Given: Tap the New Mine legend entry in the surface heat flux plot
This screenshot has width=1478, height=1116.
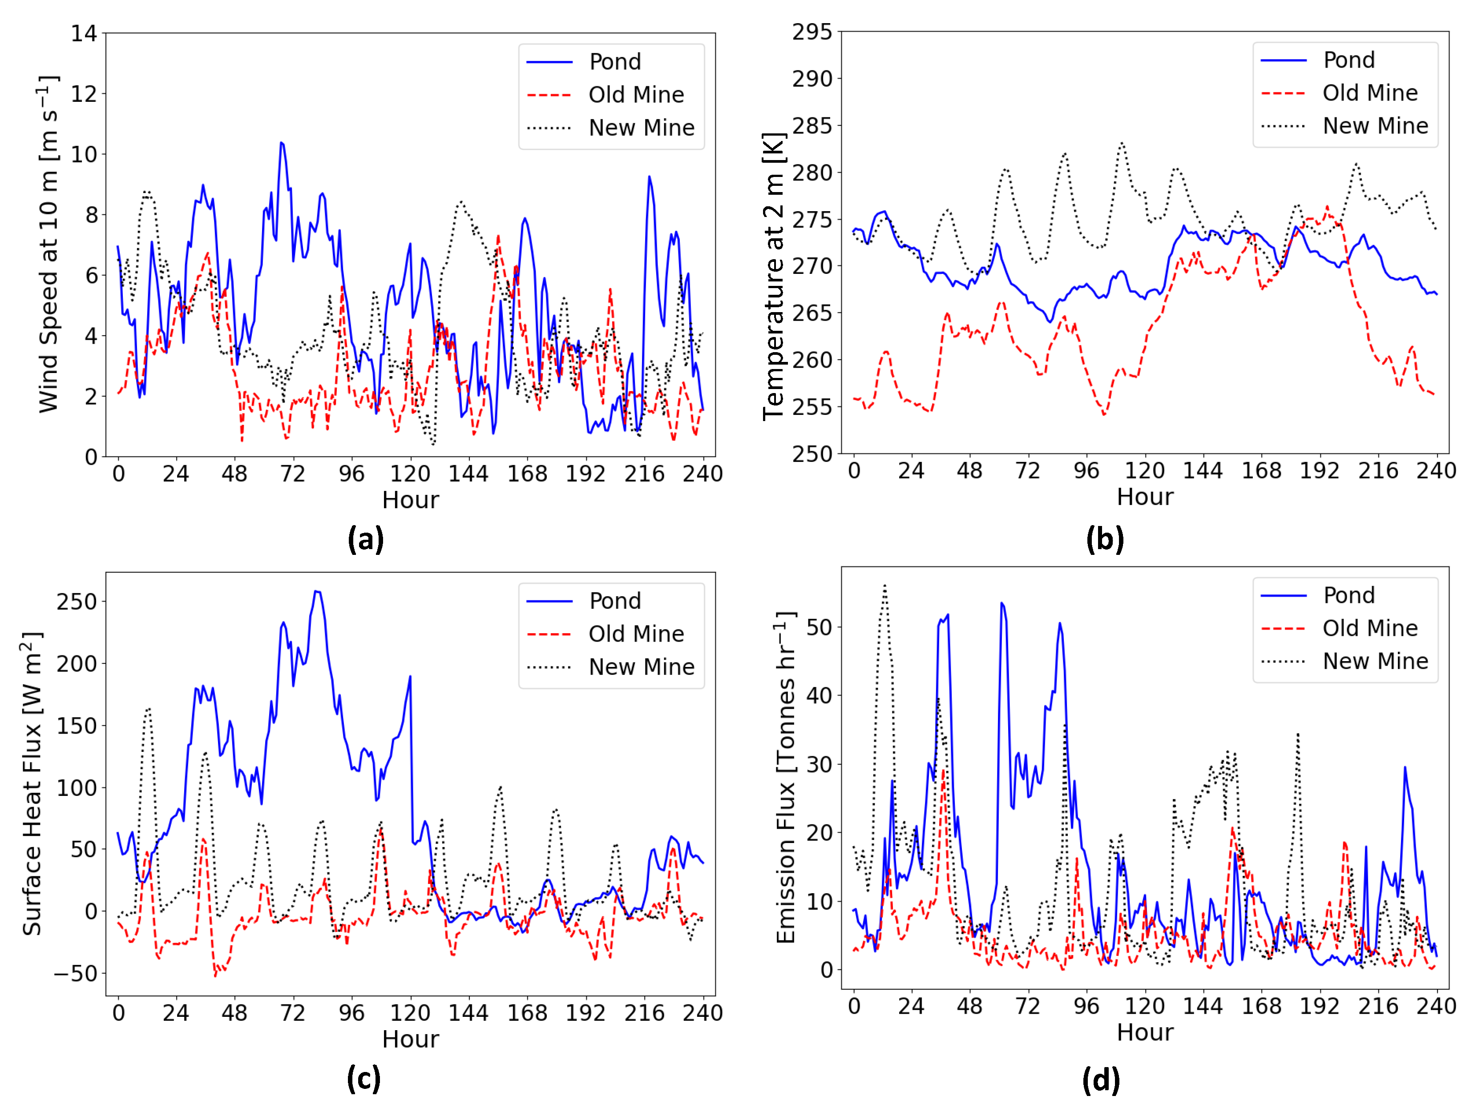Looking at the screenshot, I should [641, 666].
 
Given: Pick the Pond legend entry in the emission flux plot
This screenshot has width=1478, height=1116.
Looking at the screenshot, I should [1349, 595].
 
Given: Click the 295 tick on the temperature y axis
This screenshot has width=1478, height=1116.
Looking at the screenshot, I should [812, 32].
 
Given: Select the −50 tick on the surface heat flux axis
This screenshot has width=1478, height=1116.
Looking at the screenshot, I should [76, 973].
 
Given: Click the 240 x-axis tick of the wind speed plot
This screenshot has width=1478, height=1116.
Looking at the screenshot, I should [702, 474].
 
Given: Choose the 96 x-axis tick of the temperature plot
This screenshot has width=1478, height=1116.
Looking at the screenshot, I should [1086, 471].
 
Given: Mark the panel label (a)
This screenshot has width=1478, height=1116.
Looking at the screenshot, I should [365, 539].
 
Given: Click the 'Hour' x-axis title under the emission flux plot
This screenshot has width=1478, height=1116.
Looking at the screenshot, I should [1145, 1032].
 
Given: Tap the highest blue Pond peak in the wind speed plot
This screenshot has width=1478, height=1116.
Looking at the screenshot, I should [281, 143].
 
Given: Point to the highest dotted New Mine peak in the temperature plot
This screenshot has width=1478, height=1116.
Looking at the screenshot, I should [1122, 142].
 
